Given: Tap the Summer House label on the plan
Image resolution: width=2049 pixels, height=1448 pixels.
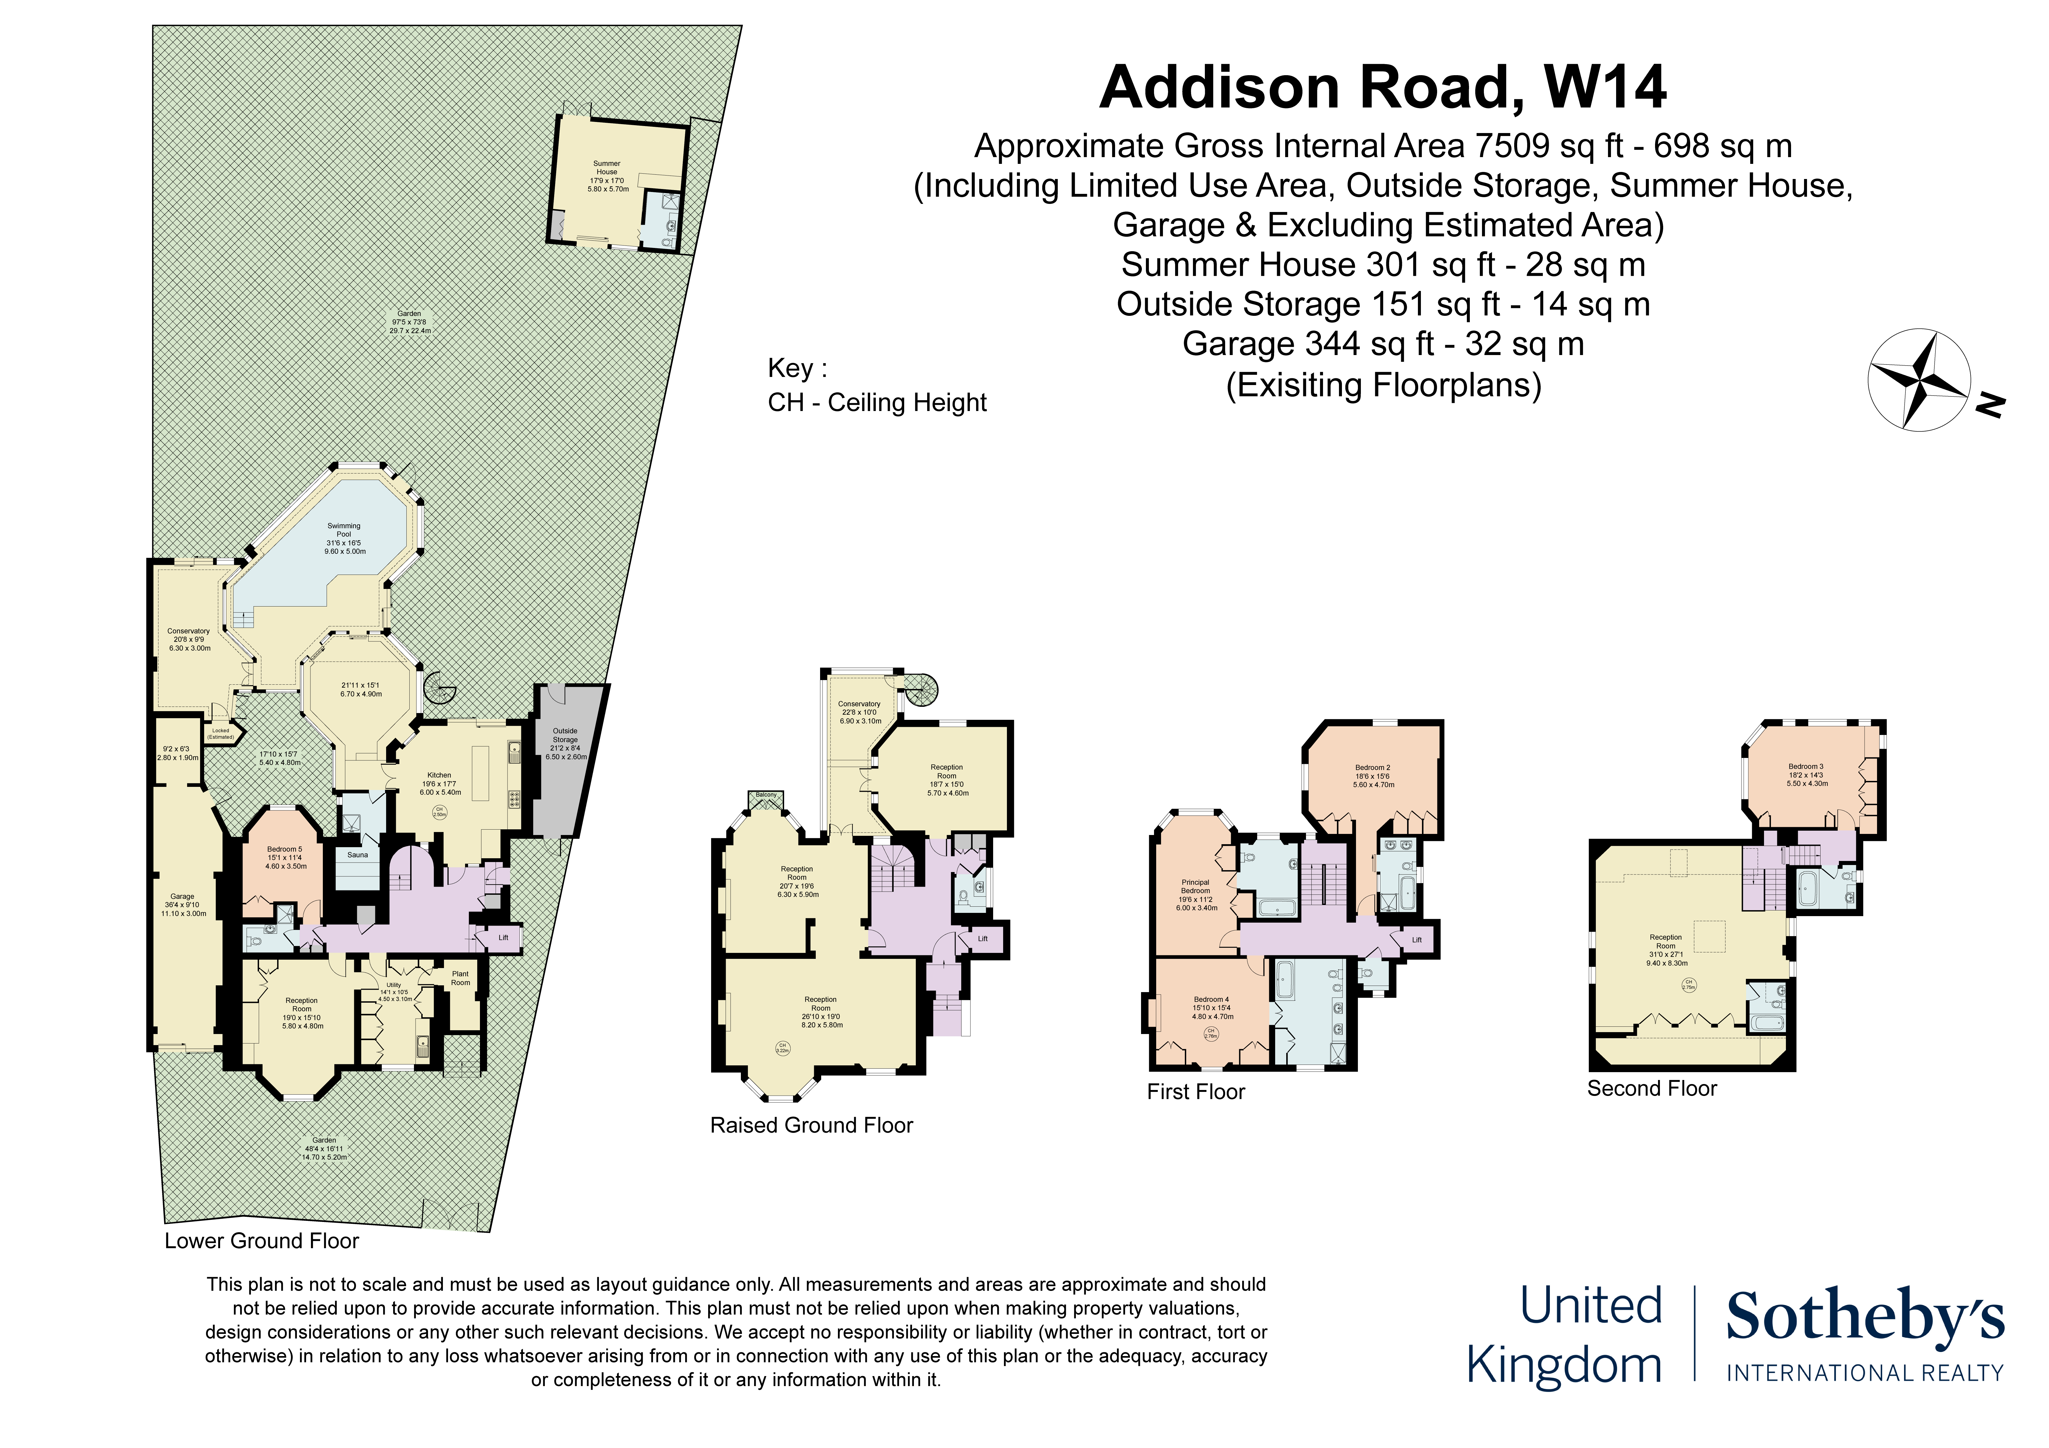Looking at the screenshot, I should (x=607, y=168).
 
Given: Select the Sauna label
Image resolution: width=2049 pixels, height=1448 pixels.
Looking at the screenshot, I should (x=357, y=854).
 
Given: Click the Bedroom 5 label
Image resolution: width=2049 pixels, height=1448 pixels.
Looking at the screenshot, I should (x=285, y=849).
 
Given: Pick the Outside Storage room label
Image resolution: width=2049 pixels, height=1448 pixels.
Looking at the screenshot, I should (x=565, y=735).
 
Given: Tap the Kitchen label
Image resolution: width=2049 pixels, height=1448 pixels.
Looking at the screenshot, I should (x=439, y=775).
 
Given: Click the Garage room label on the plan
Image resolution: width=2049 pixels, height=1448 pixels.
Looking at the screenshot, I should (x=182, y=896).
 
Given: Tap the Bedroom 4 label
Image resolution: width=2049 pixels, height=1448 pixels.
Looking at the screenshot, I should (x=1211, y=1000).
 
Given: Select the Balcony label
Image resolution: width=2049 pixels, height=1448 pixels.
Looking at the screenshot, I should (x=766, y=794).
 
